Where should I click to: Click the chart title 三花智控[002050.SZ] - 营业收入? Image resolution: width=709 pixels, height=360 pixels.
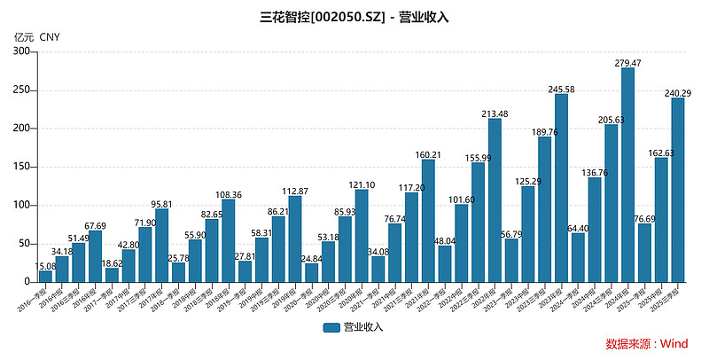point(354,17)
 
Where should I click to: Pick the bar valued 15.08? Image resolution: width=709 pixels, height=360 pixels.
point(45,276)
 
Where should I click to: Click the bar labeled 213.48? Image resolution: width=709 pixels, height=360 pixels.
point(495,200)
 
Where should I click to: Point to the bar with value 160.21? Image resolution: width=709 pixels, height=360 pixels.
point(428,221)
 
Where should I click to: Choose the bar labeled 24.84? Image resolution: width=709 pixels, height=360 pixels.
point(311,272)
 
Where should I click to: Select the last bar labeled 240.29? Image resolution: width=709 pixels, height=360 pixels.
point(678,190)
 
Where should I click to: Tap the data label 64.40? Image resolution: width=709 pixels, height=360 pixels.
point(578,227)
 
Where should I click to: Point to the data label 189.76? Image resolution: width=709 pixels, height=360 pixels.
point(544,131)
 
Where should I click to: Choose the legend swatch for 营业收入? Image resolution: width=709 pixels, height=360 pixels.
point(331,327)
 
